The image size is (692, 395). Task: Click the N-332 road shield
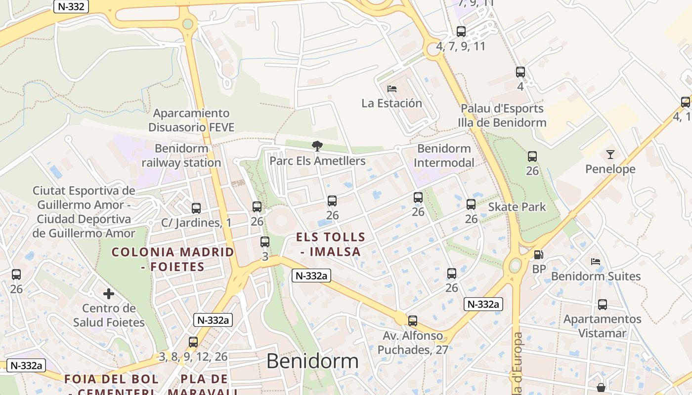pos(71,6)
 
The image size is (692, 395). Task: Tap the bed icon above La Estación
pos(392,89)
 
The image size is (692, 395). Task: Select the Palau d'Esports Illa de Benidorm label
pos(502,116)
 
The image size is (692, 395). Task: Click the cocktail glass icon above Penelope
pos(610,155)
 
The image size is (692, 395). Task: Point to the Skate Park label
pos(517,207)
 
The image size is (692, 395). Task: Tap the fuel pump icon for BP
pos(538,255)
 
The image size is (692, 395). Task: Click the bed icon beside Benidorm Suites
pos(596,262)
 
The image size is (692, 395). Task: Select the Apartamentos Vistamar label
pos(602,326)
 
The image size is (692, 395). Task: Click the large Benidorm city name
pos(312,361)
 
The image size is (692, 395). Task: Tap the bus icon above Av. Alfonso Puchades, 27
pos(413,320)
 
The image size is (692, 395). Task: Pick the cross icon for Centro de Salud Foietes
pos(109,294)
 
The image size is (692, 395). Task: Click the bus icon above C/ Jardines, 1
pos(196,208)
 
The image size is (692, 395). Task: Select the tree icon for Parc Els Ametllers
pos(317,146)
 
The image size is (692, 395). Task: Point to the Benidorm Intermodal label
pos(444,156)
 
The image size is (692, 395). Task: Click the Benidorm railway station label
pos(181,156)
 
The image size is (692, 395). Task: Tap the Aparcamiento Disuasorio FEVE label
pos(191,120)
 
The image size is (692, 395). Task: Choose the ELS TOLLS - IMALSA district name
pos(330,244)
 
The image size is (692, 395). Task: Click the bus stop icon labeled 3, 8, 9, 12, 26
pos(193,342)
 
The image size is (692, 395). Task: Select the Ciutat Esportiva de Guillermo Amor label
pos(84,212)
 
